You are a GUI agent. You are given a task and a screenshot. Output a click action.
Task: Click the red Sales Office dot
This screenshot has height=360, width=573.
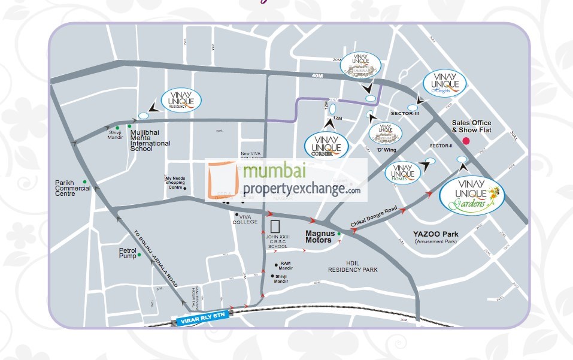coord(466,141)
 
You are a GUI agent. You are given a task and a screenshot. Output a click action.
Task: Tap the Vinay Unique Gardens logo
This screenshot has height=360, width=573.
coord(472,196)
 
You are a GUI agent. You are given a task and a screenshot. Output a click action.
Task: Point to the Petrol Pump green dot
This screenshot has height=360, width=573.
coord(140,255)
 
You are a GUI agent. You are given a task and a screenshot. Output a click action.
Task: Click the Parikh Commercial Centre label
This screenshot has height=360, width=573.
coord(72,188)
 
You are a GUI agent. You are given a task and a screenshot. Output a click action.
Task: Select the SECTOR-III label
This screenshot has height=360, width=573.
coord(405,113)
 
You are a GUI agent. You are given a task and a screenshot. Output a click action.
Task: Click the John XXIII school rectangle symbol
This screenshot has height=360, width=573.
coord(276,227)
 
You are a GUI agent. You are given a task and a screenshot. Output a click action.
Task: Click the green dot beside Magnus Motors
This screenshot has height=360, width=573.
coord(339,234)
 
